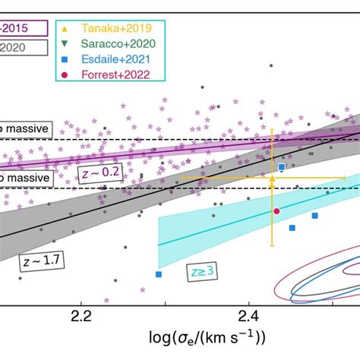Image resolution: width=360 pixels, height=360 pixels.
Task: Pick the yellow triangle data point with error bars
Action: tap(272, 178)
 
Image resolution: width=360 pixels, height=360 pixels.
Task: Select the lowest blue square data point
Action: tap(159, 274)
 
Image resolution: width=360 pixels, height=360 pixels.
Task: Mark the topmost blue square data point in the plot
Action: tap(282, 166)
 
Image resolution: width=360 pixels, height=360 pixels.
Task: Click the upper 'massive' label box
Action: tap(25, 130)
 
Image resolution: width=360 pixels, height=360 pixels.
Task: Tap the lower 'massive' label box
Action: tap(25, 177)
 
